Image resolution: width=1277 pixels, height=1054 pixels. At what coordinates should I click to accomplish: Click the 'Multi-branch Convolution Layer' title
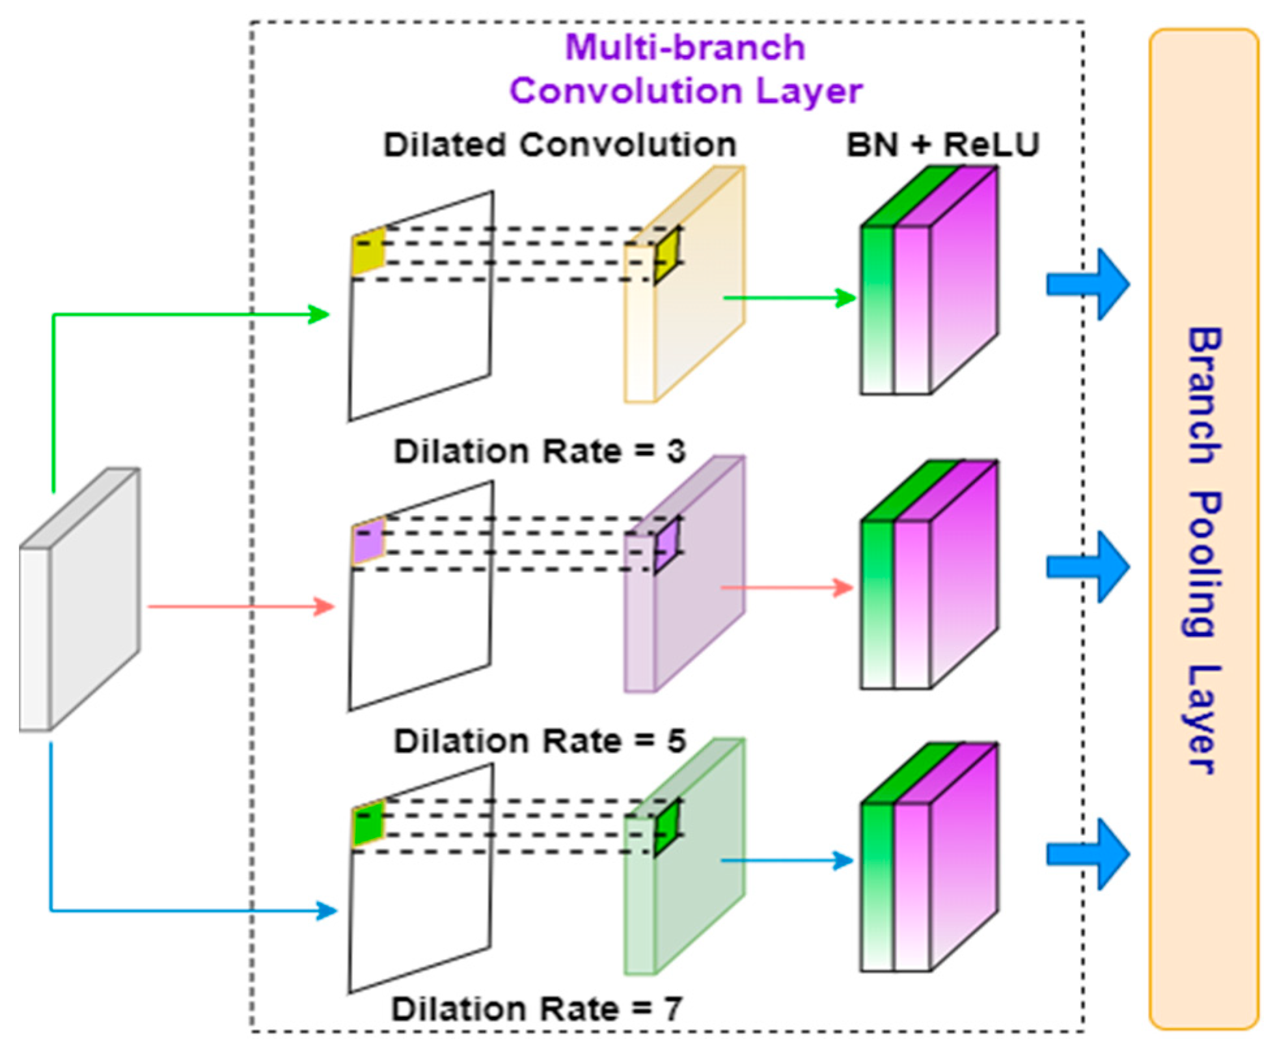(x=685, y=69)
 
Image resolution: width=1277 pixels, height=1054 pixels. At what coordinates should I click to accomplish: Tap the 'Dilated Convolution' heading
(x=559, y=145)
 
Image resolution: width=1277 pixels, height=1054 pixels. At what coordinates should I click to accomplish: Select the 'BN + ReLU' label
(x=942, y=145)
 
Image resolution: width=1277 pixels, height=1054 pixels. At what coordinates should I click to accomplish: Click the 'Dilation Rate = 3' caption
(x=539, y=451)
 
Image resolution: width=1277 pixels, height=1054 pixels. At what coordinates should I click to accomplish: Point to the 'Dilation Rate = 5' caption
(x=539, y=741)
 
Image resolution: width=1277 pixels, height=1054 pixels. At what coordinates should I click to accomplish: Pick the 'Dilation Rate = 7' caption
(x=536, y=1009)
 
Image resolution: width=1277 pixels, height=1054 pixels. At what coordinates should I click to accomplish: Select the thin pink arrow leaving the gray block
(x=241, y=607)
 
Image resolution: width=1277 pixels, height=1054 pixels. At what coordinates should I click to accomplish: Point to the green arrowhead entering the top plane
(x=319, y=314)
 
